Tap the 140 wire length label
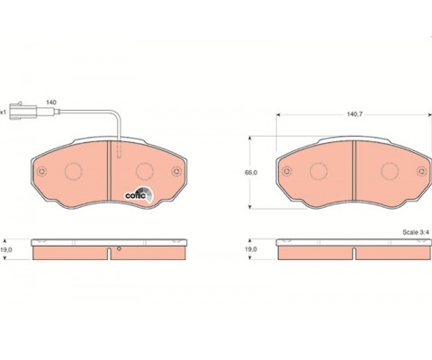51,103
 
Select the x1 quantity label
4,112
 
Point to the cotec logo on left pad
136,190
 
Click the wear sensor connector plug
22,112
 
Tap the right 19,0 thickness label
252,249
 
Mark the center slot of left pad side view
109,253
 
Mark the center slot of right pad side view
354,253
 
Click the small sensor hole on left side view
117,248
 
